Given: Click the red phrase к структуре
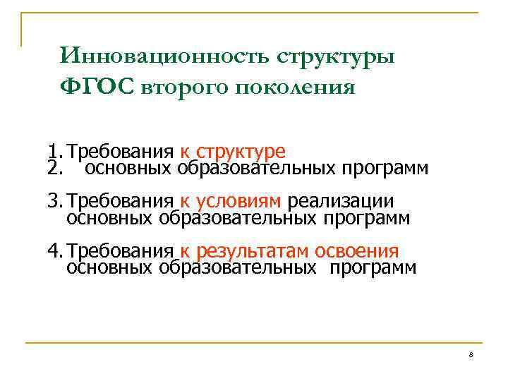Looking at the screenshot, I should pyautogui.click(x=233, y=152).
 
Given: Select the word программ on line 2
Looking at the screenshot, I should pyautogui.click(x=385, y=169).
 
